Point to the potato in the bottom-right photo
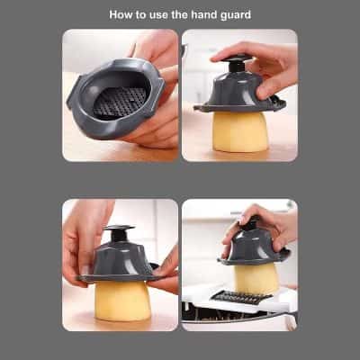tap(256, 278)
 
